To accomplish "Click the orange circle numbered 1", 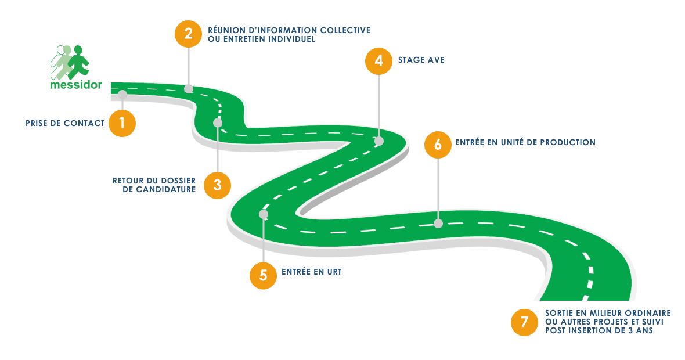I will point(122,123).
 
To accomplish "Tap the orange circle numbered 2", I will point(188,33).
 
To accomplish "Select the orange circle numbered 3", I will point(218,185).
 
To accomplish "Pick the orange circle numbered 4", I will point(378,60).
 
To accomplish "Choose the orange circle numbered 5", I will point(263,275).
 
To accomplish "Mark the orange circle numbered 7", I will point(524,322).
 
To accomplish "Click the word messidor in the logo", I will point(76,85).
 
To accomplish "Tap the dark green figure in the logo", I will point(78,62).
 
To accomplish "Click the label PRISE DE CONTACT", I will point(65,124).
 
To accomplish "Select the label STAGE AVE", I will point(421,60).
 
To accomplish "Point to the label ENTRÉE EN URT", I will point(311,271).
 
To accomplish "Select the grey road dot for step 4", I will point(379,141).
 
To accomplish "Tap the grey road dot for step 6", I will point(438,223).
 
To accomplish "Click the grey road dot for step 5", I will point(264,214).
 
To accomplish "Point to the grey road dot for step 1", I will point(122,93).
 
